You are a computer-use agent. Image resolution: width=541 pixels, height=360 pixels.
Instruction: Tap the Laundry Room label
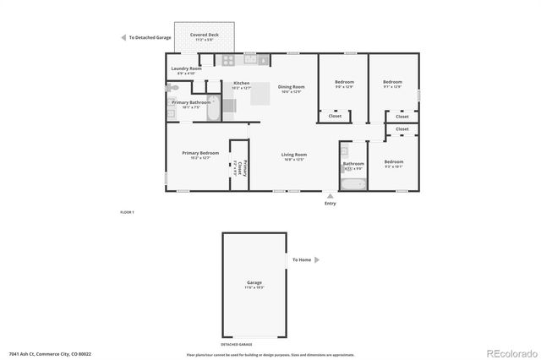point(186,68)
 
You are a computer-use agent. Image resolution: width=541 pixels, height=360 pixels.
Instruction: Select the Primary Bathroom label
point(191,102)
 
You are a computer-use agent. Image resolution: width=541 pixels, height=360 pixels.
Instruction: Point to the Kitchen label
point(241,83)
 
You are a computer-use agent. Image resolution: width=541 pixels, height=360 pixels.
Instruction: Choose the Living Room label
point(293,155)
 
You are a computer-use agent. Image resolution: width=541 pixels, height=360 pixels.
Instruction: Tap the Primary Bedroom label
point(200,153)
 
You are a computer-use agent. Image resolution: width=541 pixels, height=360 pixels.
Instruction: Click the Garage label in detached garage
point(254,282)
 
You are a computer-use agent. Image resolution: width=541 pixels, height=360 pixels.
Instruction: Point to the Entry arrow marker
point(331,196)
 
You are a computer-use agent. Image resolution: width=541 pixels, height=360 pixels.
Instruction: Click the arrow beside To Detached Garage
point(123,38)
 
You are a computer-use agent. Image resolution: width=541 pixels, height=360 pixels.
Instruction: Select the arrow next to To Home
point(316,260)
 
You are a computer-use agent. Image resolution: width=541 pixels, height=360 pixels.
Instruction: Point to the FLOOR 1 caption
point(127,211)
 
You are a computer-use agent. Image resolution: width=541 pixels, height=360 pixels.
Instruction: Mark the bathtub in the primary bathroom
point(212,108)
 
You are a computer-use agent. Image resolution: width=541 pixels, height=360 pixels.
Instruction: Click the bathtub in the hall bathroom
point(352,183)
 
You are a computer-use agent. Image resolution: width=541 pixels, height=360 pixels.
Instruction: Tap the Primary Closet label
point(240,168)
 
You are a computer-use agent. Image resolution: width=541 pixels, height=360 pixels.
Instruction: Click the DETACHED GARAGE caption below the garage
point(236,345)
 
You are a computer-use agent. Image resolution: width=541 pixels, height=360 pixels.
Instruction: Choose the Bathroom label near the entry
point(353,163)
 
